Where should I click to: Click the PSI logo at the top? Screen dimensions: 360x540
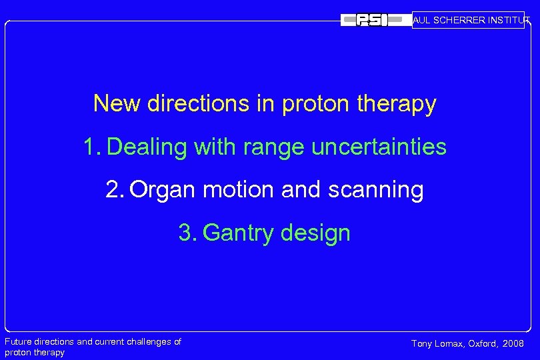click(x=372, y=20)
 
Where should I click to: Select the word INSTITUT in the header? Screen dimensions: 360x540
click(x=509, y=20)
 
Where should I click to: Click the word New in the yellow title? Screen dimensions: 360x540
click(x=117, y=104)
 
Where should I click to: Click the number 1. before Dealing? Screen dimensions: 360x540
click(x=92, y=147)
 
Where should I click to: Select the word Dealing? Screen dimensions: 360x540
click(x=147, y=147)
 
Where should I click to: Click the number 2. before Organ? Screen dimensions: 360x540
click(x=115, y=190)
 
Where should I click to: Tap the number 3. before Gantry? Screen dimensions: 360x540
click(x=187, y=233)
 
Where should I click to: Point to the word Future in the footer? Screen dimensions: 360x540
click(x=18, y=342)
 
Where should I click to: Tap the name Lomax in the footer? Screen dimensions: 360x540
click(x=450, y=344)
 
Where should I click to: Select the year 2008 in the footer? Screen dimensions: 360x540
click(x=513, y=344)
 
